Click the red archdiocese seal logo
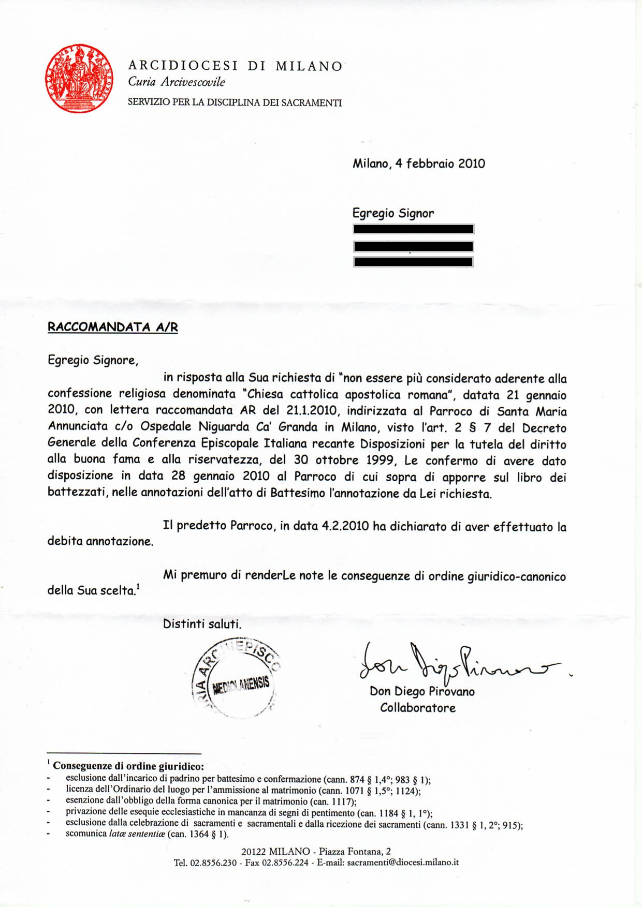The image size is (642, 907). click(79, 78)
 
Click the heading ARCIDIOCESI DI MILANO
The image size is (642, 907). click(236, 66)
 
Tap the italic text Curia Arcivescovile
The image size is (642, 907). click(177, 82)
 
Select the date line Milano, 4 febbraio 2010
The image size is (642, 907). click(419, 164)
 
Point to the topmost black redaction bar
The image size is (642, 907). click(413, 229)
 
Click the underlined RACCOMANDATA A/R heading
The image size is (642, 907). click(113, 327)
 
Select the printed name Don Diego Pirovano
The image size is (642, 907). click(422, 692)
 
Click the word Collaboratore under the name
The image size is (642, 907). click(418, 708)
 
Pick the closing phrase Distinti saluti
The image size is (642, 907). click(202, 624)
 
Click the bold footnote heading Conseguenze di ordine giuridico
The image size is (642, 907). click(128, 766)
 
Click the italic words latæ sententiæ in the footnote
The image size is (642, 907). click(137, 834)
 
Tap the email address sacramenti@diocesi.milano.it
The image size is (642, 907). click(403, 862)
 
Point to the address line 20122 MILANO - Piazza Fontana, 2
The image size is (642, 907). click(316, 851)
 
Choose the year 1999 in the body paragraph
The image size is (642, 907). click(380, 460)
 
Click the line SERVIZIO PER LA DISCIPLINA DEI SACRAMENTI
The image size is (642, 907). click(235, 102)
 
